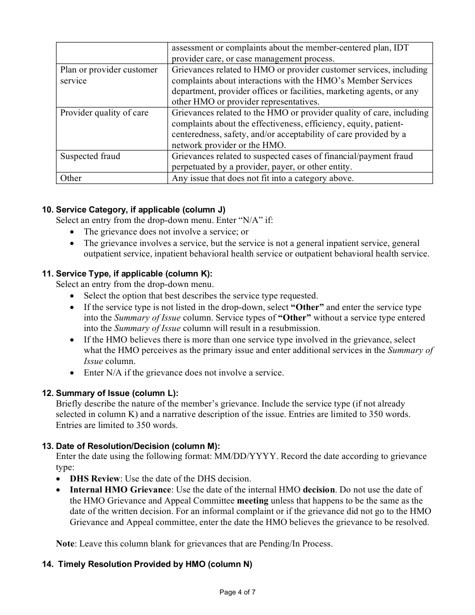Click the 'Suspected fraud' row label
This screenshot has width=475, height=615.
[90, 156]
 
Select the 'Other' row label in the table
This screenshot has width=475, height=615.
[71, 178]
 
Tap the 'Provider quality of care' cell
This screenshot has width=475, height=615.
[104, 112]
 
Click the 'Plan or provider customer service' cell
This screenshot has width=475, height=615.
[108, 75]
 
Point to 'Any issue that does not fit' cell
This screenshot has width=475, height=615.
[262, 178]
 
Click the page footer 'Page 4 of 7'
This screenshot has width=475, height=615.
[237, 592]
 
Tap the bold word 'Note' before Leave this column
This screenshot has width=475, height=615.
[65, 543]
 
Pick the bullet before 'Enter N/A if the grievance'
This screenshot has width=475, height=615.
[73, 373]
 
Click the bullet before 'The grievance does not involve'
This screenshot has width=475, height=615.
[73, 232]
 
